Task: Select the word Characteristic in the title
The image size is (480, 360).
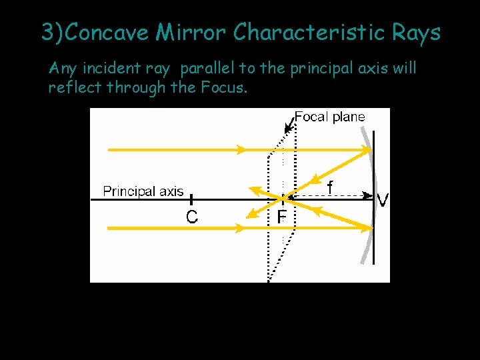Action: click(311, 32)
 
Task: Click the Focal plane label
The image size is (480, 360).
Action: click(329, 117)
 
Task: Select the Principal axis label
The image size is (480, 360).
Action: click(143, 191)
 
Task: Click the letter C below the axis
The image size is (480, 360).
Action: click(191, 217)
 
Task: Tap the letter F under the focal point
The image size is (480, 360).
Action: click(282, 217)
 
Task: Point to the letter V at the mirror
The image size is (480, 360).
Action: click(383, 199)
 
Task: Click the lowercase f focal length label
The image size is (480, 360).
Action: click(330, 188)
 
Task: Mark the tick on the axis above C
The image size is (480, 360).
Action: click(191, 199)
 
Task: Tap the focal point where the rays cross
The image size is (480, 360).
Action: click(283, 198)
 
